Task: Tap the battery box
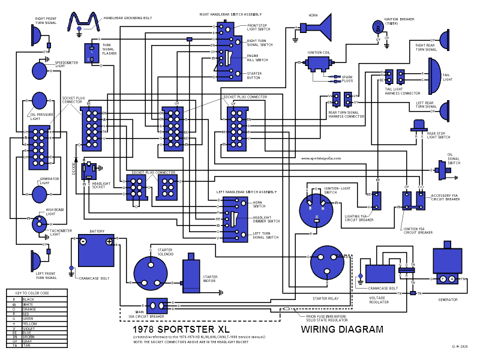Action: [x=96, y=251]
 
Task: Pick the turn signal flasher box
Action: [x=91, y=53]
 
